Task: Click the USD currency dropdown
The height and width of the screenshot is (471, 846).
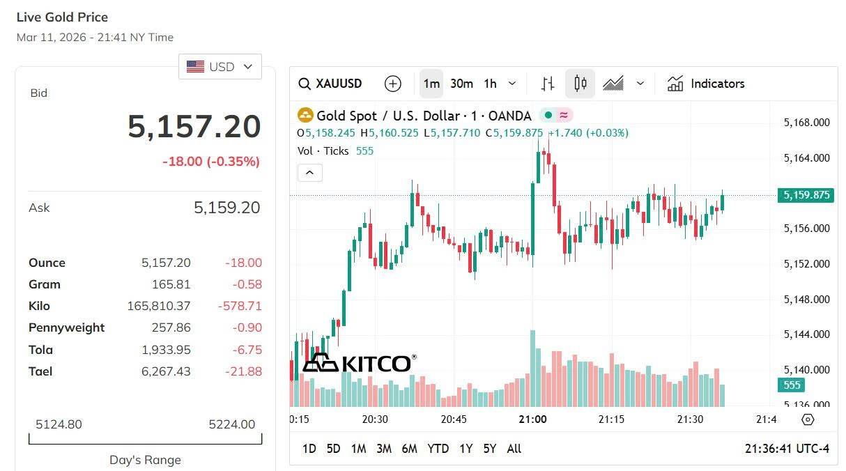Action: click(x=220, y=67)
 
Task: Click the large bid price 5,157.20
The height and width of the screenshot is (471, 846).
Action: click(x=194, y=127)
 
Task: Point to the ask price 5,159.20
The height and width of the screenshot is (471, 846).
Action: click(x=226, y=208)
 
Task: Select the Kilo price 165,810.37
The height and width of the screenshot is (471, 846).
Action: click(x=159, y=306)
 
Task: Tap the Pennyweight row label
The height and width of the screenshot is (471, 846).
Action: click(x=66, y=327)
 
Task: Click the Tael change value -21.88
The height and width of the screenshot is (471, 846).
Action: click(x=243, y=371)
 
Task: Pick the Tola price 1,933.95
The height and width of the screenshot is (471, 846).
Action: click(x=166, y=350)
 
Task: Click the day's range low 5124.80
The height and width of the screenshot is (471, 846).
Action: click(x=59, y=424)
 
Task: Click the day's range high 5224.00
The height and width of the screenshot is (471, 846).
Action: click(x=232, y=424)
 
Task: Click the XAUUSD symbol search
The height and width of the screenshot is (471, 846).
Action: click(x=331, y=84)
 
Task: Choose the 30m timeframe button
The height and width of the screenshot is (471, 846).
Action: click(x=461, y=84)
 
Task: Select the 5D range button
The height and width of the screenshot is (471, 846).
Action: click(x=333, y=449)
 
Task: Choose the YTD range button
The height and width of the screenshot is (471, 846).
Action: click(x=438, y=449)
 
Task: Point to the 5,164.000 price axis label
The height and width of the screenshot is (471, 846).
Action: click(x=806, y=158)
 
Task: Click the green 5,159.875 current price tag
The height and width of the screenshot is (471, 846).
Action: click(x=806, y=195)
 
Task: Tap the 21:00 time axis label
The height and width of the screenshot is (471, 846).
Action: click(x=532, y=419)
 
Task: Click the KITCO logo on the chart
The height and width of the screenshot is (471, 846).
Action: click(x=360, y=363)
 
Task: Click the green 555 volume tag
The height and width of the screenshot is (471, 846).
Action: click(x=792, y=385)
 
